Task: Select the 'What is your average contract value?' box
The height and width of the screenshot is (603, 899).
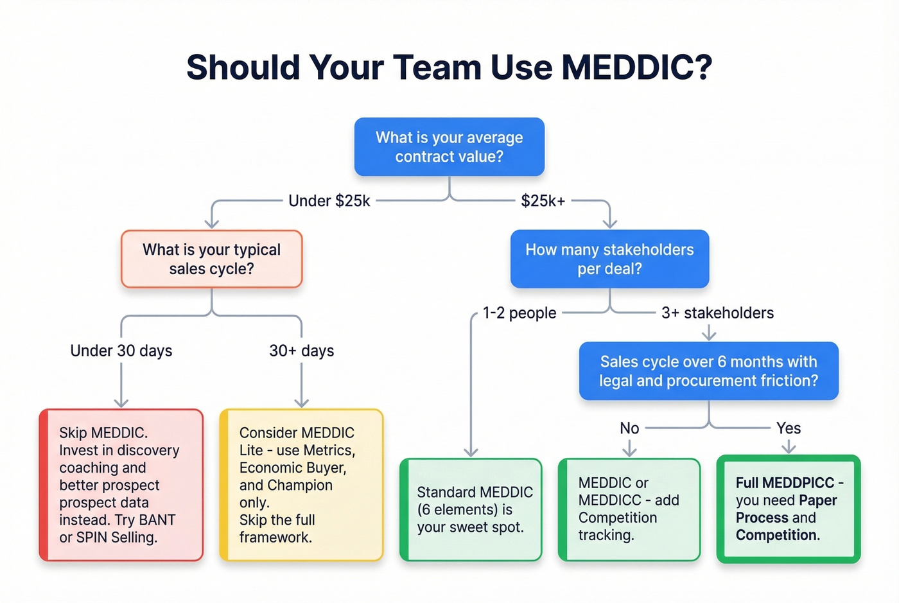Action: [449, 147]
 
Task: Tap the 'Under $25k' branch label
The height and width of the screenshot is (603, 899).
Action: [329, 201]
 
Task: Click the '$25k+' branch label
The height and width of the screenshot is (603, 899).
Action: [543, 201]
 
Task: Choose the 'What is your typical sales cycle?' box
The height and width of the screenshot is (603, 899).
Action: [211, 259]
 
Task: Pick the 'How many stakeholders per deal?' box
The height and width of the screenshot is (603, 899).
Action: [609, 259]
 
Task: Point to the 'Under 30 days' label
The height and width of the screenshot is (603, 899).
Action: [121, 351]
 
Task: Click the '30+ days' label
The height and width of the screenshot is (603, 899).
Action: [301, 351]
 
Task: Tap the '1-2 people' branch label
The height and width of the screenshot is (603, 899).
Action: [519, 313]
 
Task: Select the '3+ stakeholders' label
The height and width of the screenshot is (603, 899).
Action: [717, 313]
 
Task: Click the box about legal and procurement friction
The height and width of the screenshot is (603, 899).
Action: [708, 371]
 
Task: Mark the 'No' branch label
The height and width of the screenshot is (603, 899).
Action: [629, 428]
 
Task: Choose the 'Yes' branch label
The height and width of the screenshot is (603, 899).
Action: [788, 428]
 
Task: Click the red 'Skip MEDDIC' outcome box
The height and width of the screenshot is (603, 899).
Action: [121, 485]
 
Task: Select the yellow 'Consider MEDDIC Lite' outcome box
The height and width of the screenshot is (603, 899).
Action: [301, 485]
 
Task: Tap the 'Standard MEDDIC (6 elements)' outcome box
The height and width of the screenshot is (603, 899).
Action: [471, 509]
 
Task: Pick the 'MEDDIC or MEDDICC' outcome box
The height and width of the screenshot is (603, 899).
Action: [629, 509]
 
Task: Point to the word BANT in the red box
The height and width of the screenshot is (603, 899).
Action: [157, 520]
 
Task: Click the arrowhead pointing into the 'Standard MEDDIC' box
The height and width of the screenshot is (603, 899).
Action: [471, 452]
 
